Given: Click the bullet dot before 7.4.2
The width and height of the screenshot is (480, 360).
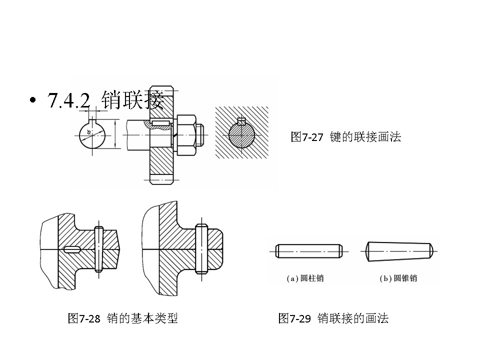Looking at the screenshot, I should [33, 100].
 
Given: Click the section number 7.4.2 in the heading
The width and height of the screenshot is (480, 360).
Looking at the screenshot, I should [68, 101].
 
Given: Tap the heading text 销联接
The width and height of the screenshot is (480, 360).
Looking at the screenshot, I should [132, 100].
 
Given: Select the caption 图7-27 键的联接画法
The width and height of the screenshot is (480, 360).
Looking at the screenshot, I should [345, 137].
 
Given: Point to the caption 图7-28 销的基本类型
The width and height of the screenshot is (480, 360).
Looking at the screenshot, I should [122, 318].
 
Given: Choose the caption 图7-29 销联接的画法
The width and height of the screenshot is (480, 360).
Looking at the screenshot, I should [333, 318].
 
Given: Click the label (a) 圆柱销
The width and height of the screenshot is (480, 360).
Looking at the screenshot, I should [305, 278].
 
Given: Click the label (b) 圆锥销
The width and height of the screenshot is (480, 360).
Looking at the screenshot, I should [398, 278].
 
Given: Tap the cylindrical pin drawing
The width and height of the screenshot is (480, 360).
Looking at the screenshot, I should [309, 251].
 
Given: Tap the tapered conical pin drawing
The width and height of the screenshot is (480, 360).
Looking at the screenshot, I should [399, 251].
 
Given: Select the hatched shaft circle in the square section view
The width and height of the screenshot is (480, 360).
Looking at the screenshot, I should [242, 135].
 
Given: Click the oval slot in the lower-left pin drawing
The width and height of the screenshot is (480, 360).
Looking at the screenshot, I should [73, 249].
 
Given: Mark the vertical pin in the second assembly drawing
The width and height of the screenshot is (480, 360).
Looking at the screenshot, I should [202, 249].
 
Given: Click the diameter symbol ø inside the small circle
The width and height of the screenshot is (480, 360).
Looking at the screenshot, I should [88, 132].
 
